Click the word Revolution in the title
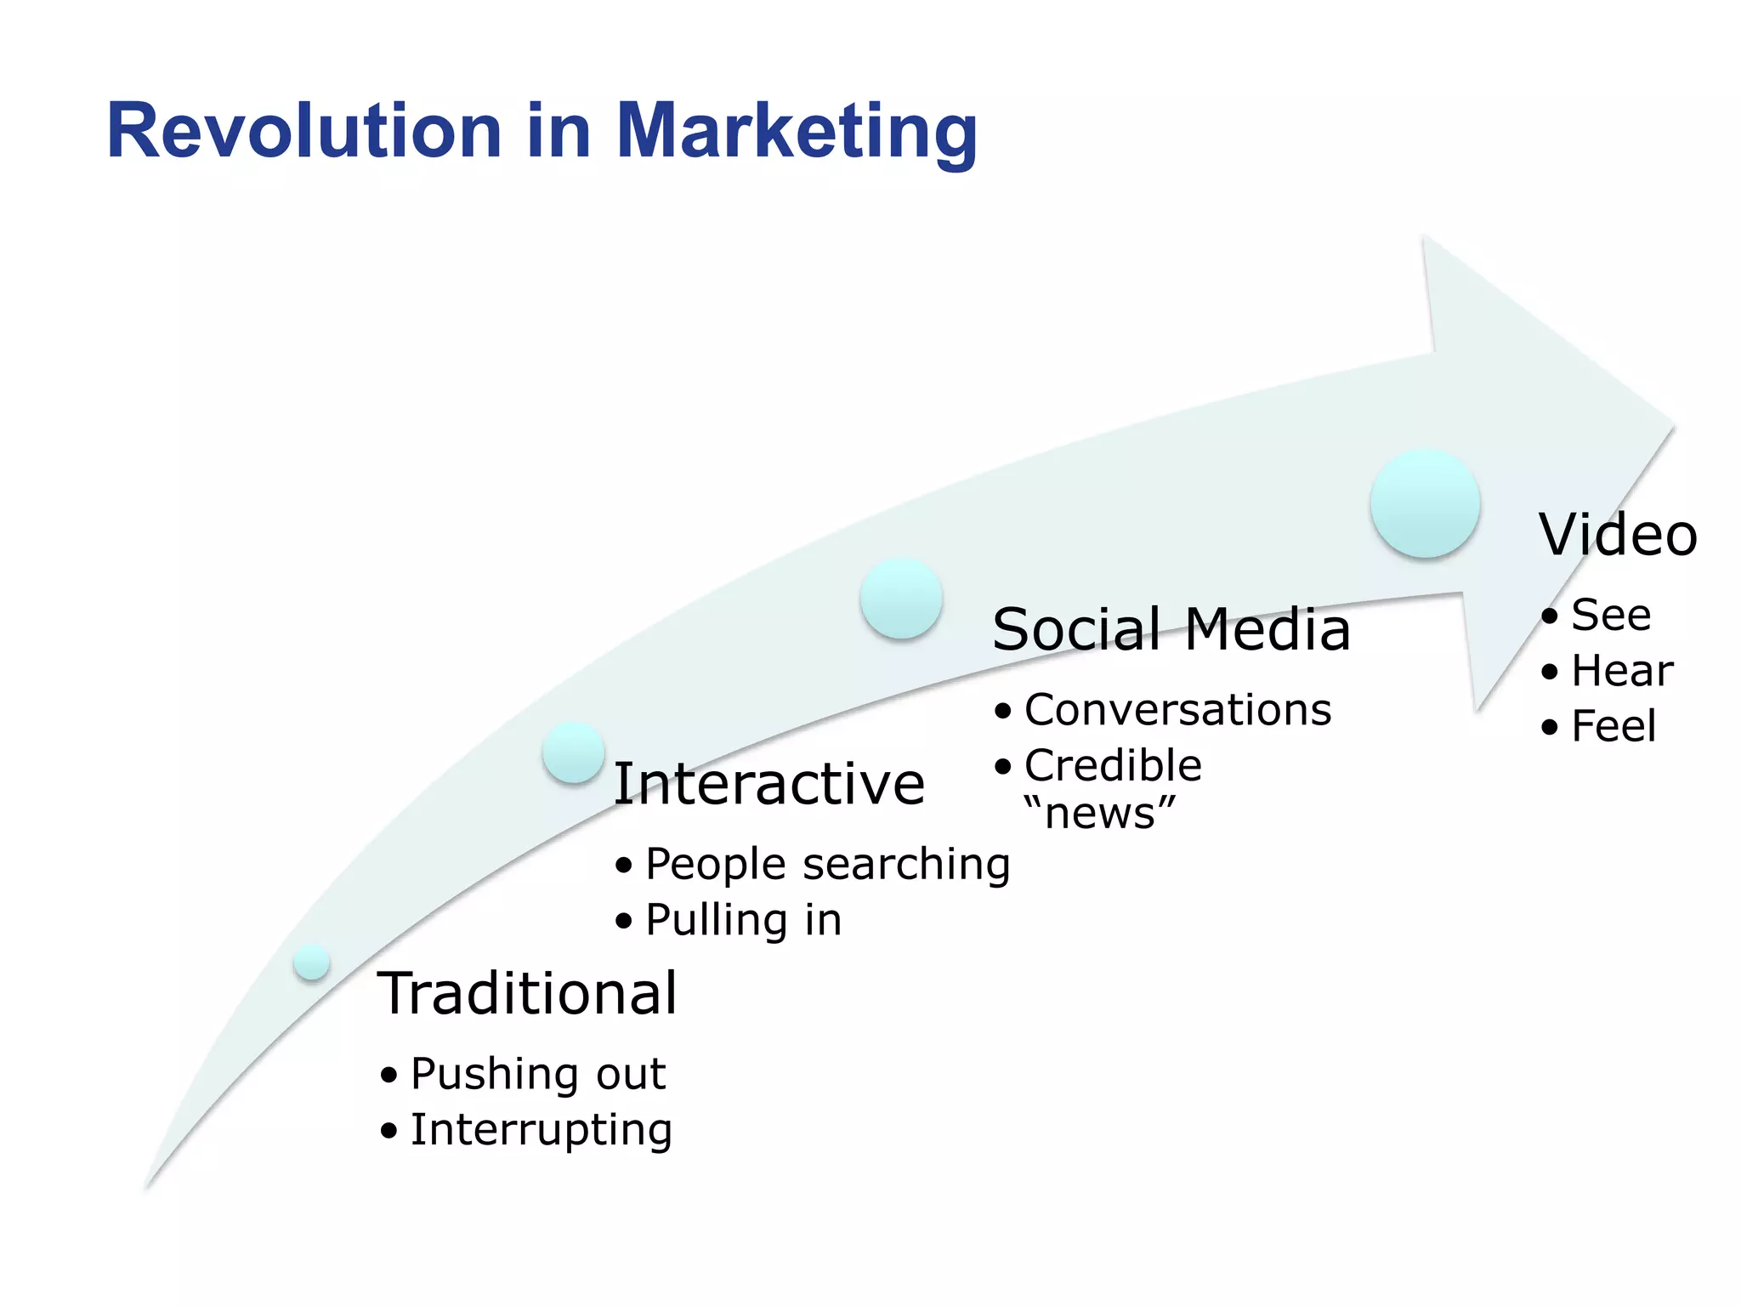pyautogui.click(x=303, y=131)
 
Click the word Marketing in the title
pyautogui.click(x=796, y=133)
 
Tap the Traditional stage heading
pyautogui.click(x=527, y=993)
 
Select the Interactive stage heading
pyautogui.click(x=768, y=783)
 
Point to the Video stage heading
pyautogui.click(x=1618, y=535)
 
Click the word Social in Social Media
pyautogui.click(x=1076, y=630)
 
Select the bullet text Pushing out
pyautogui.click(x=537, y=1073)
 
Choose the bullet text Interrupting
pyautogui.click(x=541, y=1130)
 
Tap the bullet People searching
pyautogui.click(x=827, y=864)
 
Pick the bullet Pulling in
pyautogui.click(x=743, y=920)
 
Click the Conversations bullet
pyautogui.click(x=1177, y=709)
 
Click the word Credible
pyautogui.click(x=1113, y=765)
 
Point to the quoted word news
pyautogui.click(x=1100, y=813)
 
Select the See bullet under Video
pyautogui.click(x=1610, y=615)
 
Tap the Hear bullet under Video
pyautogui.click(x=1621, y=671)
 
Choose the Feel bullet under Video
pyautogui.click(x=1613, y=727)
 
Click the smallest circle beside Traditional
pyautogui.click(x=312, y=962)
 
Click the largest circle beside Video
pyautogui.click(x=1425, y=504)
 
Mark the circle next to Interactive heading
pyautogui.click(x=574, y=752)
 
